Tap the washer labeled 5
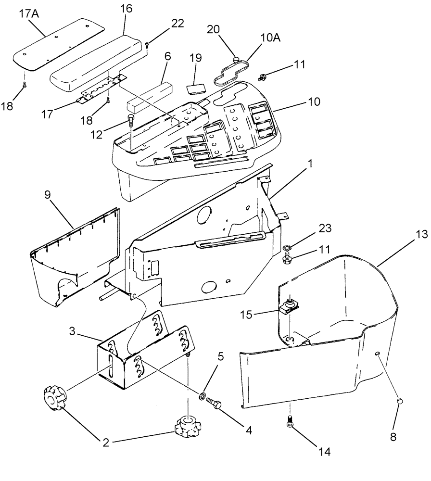tap(204, 397)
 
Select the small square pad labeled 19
tap(195, 89)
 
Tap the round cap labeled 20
tap(236, 60)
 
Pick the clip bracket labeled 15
tap(288, 307)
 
